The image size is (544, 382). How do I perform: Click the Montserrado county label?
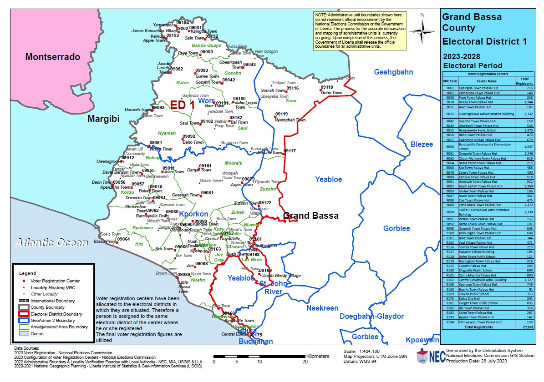52,57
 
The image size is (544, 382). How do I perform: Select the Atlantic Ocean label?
51,242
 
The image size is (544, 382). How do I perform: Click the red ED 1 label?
182,105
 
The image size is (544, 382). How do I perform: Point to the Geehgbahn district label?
393,72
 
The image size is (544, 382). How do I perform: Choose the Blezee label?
422,145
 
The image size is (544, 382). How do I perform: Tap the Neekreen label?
322,308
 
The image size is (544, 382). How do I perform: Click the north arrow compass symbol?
422,29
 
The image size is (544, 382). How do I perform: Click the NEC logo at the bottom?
428,357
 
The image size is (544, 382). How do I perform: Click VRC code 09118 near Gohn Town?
326,87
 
